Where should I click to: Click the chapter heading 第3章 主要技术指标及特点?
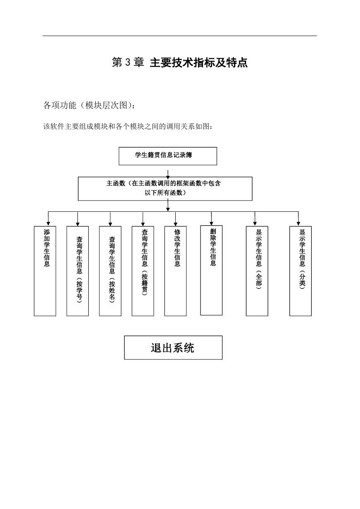[x=180, y=62]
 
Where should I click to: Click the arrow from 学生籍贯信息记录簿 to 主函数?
[x=168, y=175]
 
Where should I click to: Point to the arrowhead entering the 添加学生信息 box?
[x=48, y=224]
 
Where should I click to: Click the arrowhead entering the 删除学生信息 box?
[x=211, y=223]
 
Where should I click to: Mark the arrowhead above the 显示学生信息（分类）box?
[x=298, y=224]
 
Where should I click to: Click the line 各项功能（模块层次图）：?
[x=89, y=105]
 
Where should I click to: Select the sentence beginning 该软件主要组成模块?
[x=128, y=126]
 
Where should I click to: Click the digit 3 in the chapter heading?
[x=128, y=63]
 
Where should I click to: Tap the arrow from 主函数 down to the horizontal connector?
[x=168, y=205]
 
